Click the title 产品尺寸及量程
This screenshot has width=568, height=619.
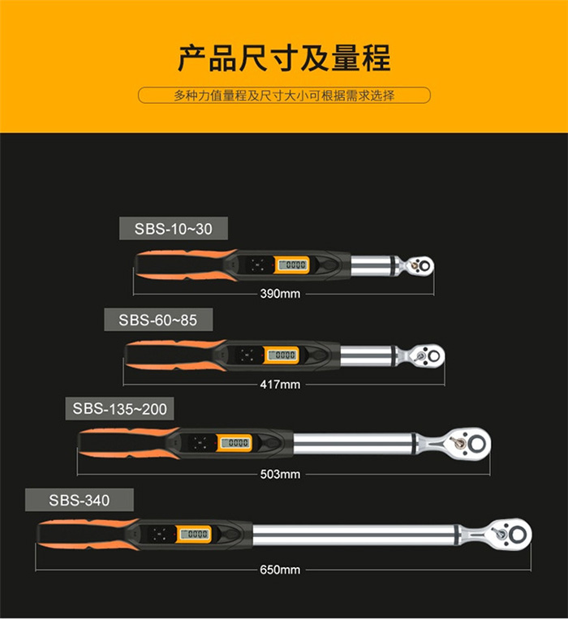point(284,58)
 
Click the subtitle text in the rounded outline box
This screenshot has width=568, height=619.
point(284,96)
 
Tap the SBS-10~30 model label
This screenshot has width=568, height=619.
point(173,229)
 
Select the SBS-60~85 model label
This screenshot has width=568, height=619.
point(157,320)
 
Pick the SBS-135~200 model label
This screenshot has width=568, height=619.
point(119,409)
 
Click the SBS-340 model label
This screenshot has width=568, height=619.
point(79,499)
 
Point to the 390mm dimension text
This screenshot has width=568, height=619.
point(280,294)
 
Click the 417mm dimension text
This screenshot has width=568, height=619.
point(280,384)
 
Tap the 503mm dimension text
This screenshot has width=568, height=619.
point(280,474)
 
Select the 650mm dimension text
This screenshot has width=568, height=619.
point(280,570)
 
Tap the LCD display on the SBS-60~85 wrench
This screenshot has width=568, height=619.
point(282,355)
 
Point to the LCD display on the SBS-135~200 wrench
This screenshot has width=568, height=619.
point(235,443)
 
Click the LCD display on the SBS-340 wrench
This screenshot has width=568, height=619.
point(195,534)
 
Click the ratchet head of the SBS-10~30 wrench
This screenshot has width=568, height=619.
point(420,264)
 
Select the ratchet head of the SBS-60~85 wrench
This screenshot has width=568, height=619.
point(426,355)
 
